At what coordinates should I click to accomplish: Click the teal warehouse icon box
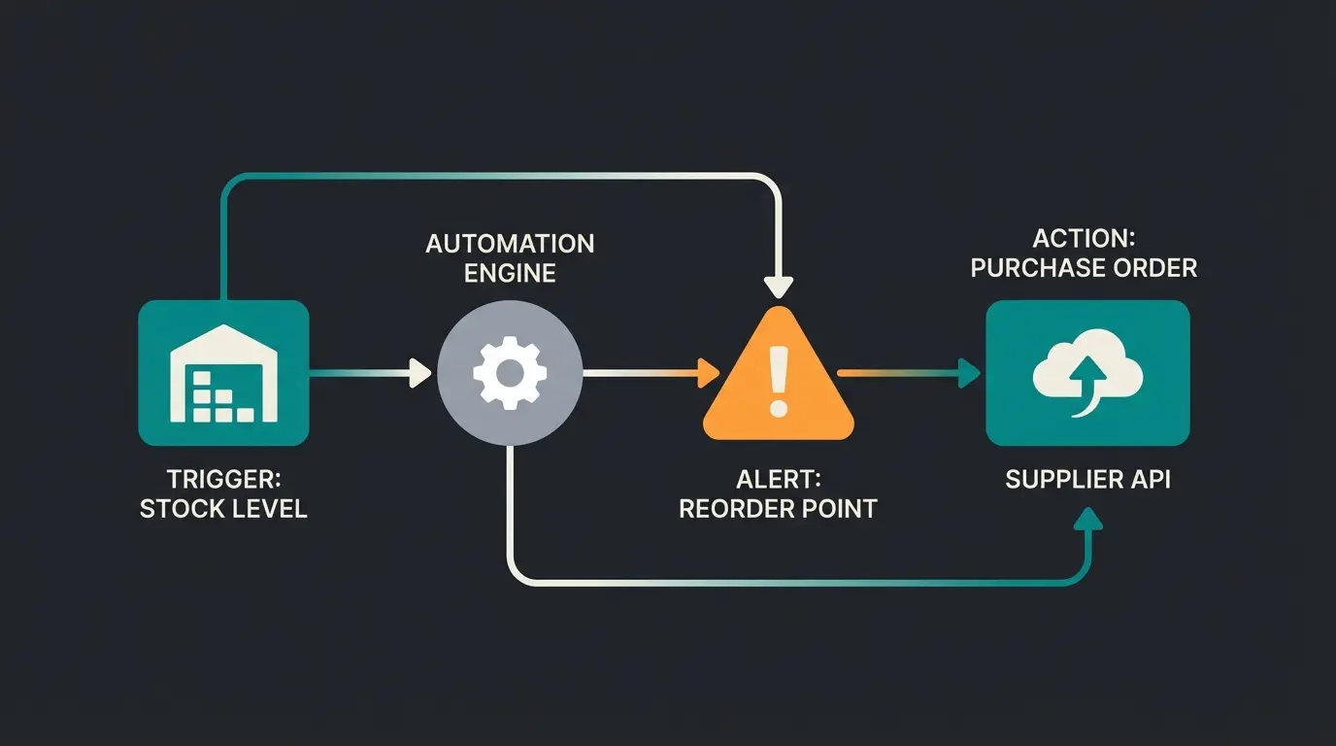[223, 372]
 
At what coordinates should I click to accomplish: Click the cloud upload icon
[1087, 373]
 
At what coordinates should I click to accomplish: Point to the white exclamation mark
[777, 380]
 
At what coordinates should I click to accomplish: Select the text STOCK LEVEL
[223, 509]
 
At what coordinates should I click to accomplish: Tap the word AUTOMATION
[510, 243]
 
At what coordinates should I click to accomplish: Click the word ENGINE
[510, 273]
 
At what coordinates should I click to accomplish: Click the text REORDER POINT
[777, 508]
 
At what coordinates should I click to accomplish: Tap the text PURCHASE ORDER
[1084, 268]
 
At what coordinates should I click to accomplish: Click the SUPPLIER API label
[1087, 479]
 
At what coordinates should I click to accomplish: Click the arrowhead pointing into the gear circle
[420, 372]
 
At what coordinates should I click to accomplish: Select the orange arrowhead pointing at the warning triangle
[707, 372]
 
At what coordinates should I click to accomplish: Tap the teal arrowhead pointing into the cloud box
[969, 372]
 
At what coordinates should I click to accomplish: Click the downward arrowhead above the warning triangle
[777, 287]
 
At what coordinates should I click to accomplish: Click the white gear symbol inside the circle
[510, 372]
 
